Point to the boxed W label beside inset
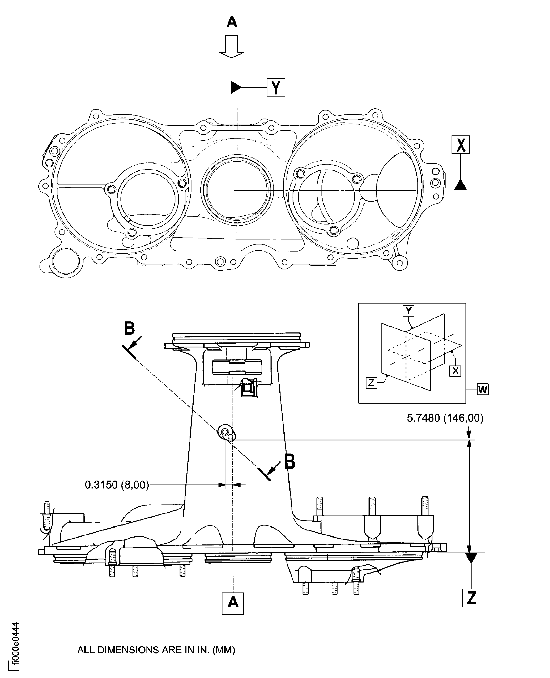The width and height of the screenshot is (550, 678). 483,389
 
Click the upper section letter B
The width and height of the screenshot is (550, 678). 129,328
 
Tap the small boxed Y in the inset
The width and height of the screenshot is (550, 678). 408,311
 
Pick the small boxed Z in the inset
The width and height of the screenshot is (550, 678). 371,383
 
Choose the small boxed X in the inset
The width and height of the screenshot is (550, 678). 455,371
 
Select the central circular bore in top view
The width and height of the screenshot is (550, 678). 237,190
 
